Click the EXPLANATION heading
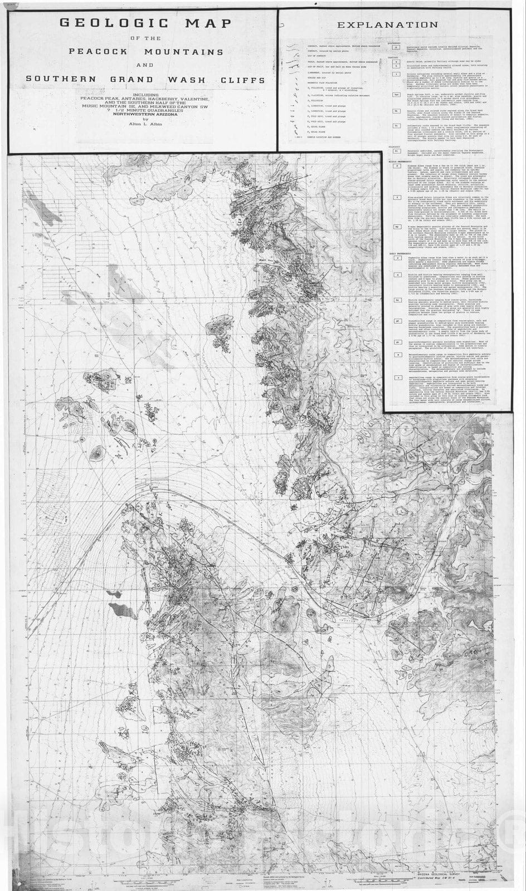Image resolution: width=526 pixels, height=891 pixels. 395,25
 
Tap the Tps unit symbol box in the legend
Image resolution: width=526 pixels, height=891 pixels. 396,95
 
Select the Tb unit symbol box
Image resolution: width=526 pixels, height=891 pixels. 396,111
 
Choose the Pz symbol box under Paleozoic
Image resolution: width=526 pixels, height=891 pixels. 396,151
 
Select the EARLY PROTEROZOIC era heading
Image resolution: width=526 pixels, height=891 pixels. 400,254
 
